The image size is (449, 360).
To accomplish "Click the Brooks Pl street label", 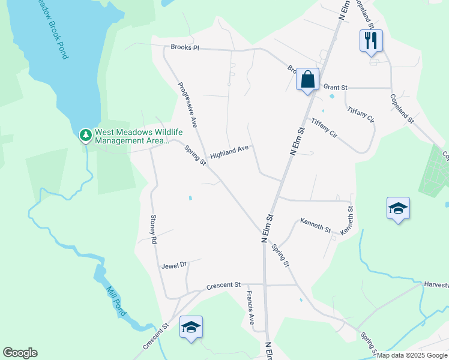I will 184,47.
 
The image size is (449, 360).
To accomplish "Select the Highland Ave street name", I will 229,148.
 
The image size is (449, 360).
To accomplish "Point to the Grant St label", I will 336,87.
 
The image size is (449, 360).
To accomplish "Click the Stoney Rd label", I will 154,229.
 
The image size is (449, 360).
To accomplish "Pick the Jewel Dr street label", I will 175,263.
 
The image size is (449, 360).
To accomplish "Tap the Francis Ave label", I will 251,308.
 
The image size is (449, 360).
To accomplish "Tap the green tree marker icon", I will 86,135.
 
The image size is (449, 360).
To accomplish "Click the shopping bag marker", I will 307,79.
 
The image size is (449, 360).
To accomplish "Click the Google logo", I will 20,353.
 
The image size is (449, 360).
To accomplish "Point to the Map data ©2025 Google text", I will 412,355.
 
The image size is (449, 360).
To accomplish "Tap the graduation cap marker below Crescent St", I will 191,327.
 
